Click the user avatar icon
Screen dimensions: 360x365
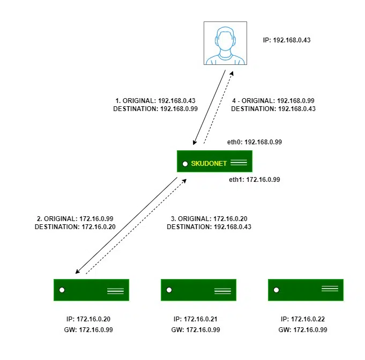225,43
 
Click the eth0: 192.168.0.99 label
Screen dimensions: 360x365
256,142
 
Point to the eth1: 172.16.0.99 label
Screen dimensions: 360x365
255,180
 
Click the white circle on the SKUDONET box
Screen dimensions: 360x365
185,163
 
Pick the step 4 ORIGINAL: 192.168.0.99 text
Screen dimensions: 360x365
273,100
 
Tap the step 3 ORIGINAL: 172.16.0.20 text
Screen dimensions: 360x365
208,219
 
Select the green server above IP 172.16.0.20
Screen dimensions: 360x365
91,290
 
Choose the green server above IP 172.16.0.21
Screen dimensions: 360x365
198,290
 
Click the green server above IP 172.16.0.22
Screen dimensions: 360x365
306,290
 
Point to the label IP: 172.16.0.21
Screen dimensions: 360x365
196,320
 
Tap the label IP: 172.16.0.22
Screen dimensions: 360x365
303,320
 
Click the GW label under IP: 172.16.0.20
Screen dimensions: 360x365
88,329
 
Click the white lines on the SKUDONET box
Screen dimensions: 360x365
238,161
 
